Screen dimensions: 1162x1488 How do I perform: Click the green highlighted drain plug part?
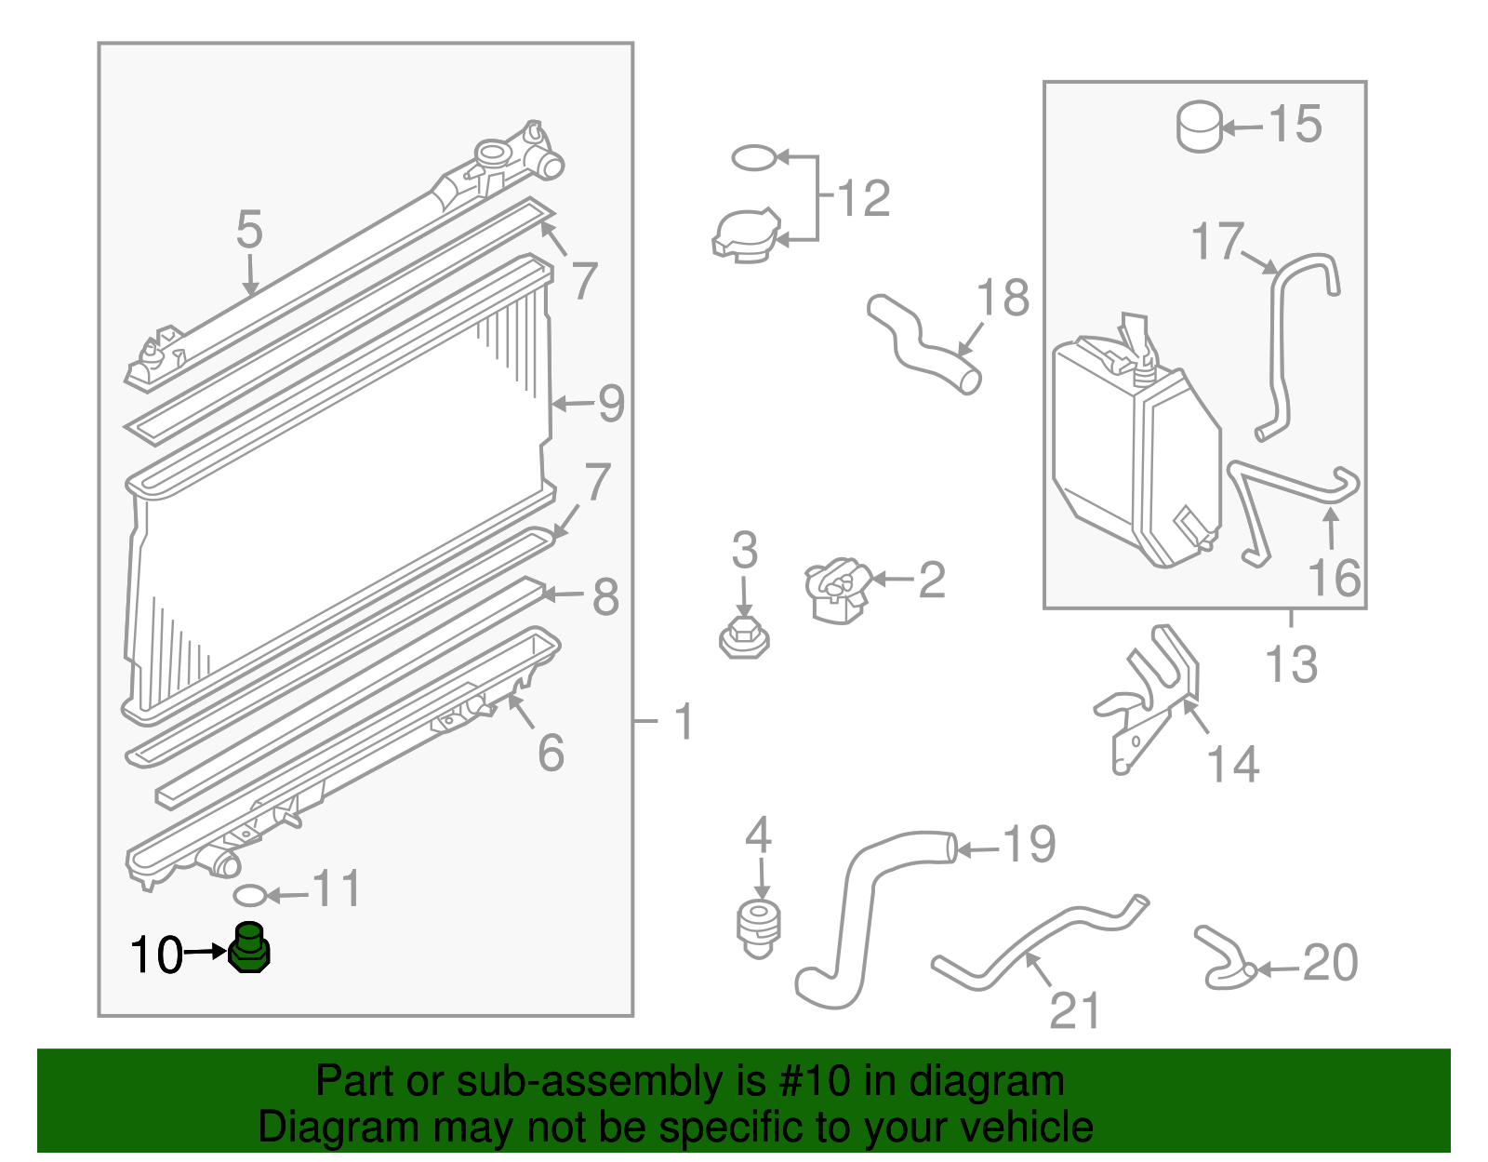click(248, 950)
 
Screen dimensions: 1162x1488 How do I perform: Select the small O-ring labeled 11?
click(248, 896)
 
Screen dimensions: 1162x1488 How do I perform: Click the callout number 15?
click(1295, 124)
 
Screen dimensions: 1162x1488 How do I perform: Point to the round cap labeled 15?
click(1200, 127)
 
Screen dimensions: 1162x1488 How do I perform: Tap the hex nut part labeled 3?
click(744, 638)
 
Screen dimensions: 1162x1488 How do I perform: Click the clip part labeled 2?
click(838, 591)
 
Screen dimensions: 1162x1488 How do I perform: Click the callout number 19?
click(1029, 844)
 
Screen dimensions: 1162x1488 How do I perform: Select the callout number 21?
click(1075, 1010)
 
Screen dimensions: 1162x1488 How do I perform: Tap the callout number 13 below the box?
click(1292, 664)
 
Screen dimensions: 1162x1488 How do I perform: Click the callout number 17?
click(1217, 242)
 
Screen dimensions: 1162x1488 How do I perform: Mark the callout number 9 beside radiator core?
click(610, 404)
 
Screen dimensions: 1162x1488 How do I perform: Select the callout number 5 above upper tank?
click(249, 229)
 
